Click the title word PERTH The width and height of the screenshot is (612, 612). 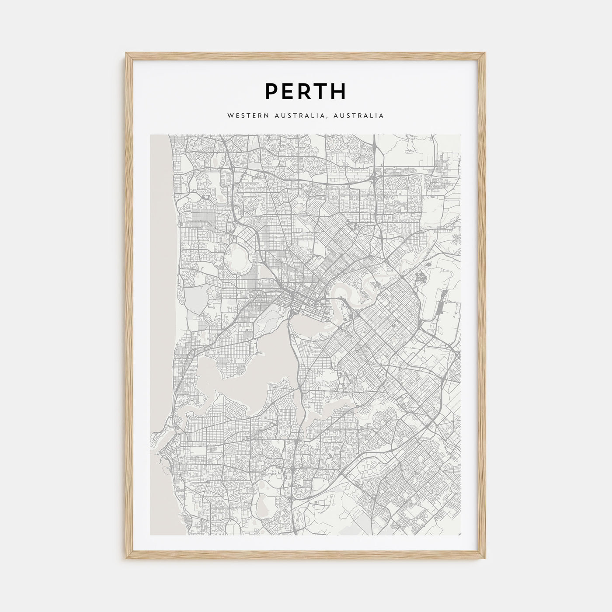click(x=306, y=91)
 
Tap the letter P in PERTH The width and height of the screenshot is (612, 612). click(x=271, y=91)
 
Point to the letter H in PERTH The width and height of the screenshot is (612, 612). click(x=339, y=91)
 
